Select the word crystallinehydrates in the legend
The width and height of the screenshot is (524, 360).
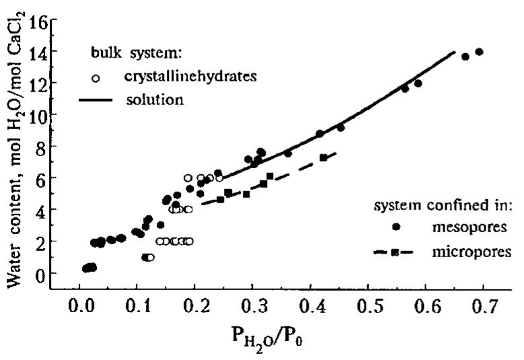191,77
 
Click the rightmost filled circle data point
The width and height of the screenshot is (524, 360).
479,52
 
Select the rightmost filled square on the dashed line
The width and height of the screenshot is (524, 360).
324,157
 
